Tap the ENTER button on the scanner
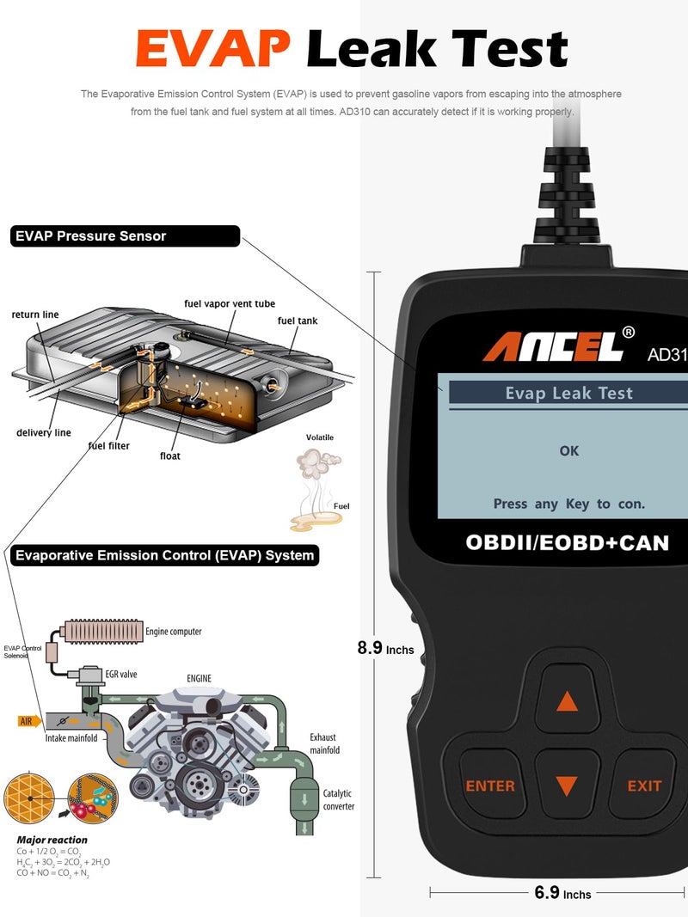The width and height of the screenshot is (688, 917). (x=490, y=786)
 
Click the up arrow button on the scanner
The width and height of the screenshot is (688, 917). (x=567, y=701)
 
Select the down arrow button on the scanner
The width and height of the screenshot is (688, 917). (x=566, y=786)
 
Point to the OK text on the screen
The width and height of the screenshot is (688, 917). (x=569, y=450)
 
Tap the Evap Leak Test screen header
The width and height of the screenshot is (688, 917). (x=568, y=393)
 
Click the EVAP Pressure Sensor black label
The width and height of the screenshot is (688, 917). (x=125, y=235)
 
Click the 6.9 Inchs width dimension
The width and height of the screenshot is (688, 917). (x=563, y=893)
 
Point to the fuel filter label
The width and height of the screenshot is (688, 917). (x=109, y=446)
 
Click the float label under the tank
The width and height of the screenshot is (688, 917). (x=170, y=455)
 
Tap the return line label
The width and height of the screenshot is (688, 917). (x=35, y=315)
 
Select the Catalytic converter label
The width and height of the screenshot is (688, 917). (x=337, y=799)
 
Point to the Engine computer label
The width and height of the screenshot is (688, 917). (x=174, y=631)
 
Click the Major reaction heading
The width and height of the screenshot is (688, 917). (x=52, y=840)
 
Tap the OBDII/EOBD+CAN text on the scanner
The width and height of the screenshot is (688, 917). (x=567, y=542)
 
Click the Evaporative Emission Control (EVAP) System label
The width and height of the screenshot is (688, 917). (x=163, y=555)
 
